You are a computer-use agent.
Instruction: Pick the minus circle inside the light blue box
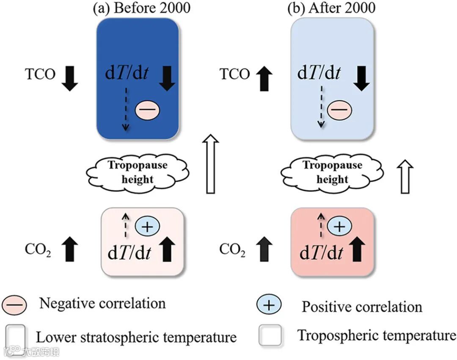340,110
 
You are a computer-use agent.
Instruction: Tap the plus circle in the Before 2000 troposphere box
146,227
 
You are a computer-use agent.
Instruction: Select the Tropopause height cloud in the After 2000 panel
333,172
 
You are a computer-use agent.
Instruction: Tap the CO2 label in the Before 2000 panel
39,250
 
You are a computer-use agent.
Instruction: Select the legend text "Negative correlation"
102,303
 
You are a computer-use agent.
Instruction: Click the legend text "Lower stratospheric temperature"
136,338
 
